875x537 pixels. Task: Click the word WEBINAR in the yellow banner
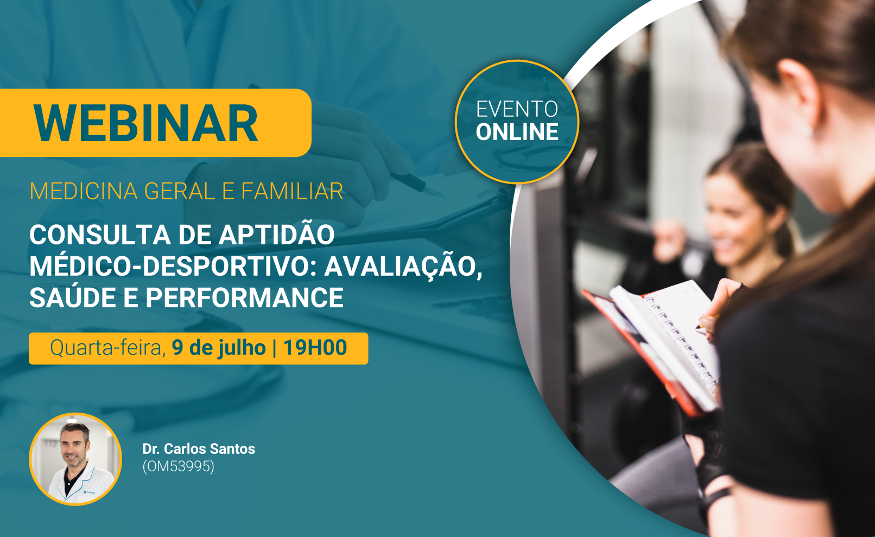[145, 123]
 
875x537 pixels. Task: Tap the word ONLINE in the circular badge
[517, 132]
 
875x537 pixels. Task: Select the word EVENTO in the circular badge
[517, 109]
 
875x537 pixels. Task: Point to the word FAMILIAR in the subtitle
[292, 191]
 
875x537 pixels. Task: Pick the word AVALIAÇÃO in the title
[403, 266]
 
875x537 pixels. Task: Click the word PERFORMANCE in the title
[244, 298]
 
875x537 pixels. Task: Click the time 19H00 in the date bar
[315, 348]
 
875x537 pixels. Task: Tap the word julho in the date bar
[242, 348]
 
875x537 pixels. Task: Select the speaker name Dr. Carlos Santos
[199, 449]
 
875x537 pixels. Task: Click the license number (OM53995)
[179, 466]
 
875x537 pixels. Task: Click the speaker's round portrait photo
[75, 459]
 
